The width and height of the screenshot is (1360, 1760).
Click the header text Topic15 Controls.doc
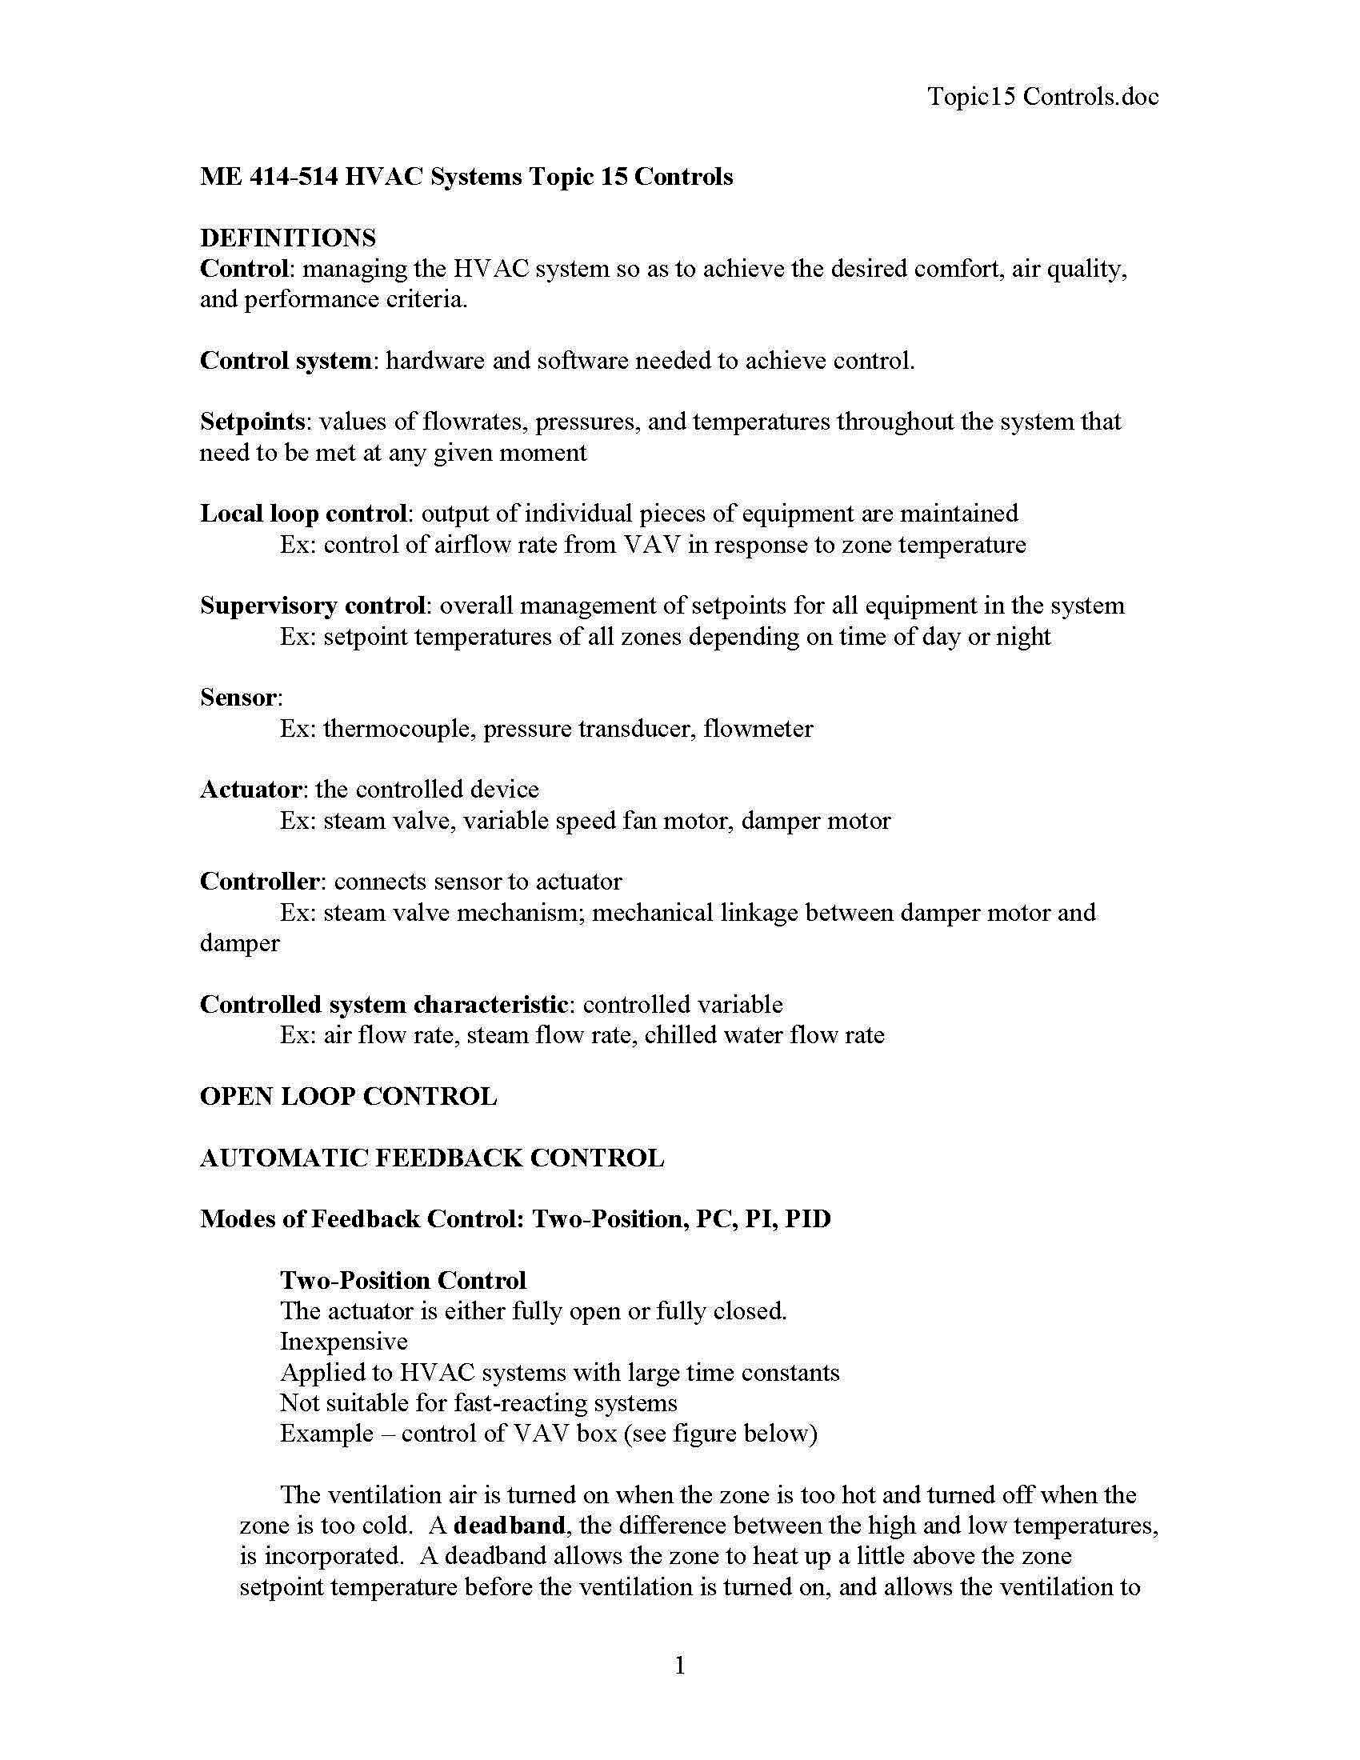[x=1042, y=97]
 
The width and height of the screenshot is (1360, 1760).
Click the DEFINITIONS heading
[x=288, y=238]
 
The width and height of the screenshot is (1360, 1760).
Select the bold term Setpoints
[x=252, y=422]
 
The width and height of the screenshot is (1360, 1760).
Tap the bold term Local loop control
[x=303, y=514]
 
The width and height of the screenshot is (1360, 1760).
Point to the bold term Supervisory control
[x=313, y=606]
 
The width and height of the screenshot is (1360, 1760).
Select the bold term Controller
[x=259, y=881]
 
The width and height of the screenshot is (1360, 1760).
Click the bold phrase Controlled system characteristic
[x=384, y=1004]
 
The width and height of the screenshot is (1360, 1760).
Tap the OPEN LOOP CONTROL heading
[x=348, y=1097]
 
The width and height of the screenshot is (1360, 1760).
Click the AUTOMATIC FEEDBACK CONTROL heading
[x=432, y=1158]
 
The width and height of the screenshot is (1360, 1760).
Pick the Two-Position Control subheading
[x=403, y=1281]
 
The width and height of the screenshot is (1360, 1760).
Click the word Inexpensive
[x=344, y=1342]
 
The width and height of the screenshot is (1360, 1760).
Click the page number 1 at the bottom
[x=679, y=1665]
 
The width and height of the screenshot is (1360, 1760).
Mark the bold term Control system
[x=286, y=360]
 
